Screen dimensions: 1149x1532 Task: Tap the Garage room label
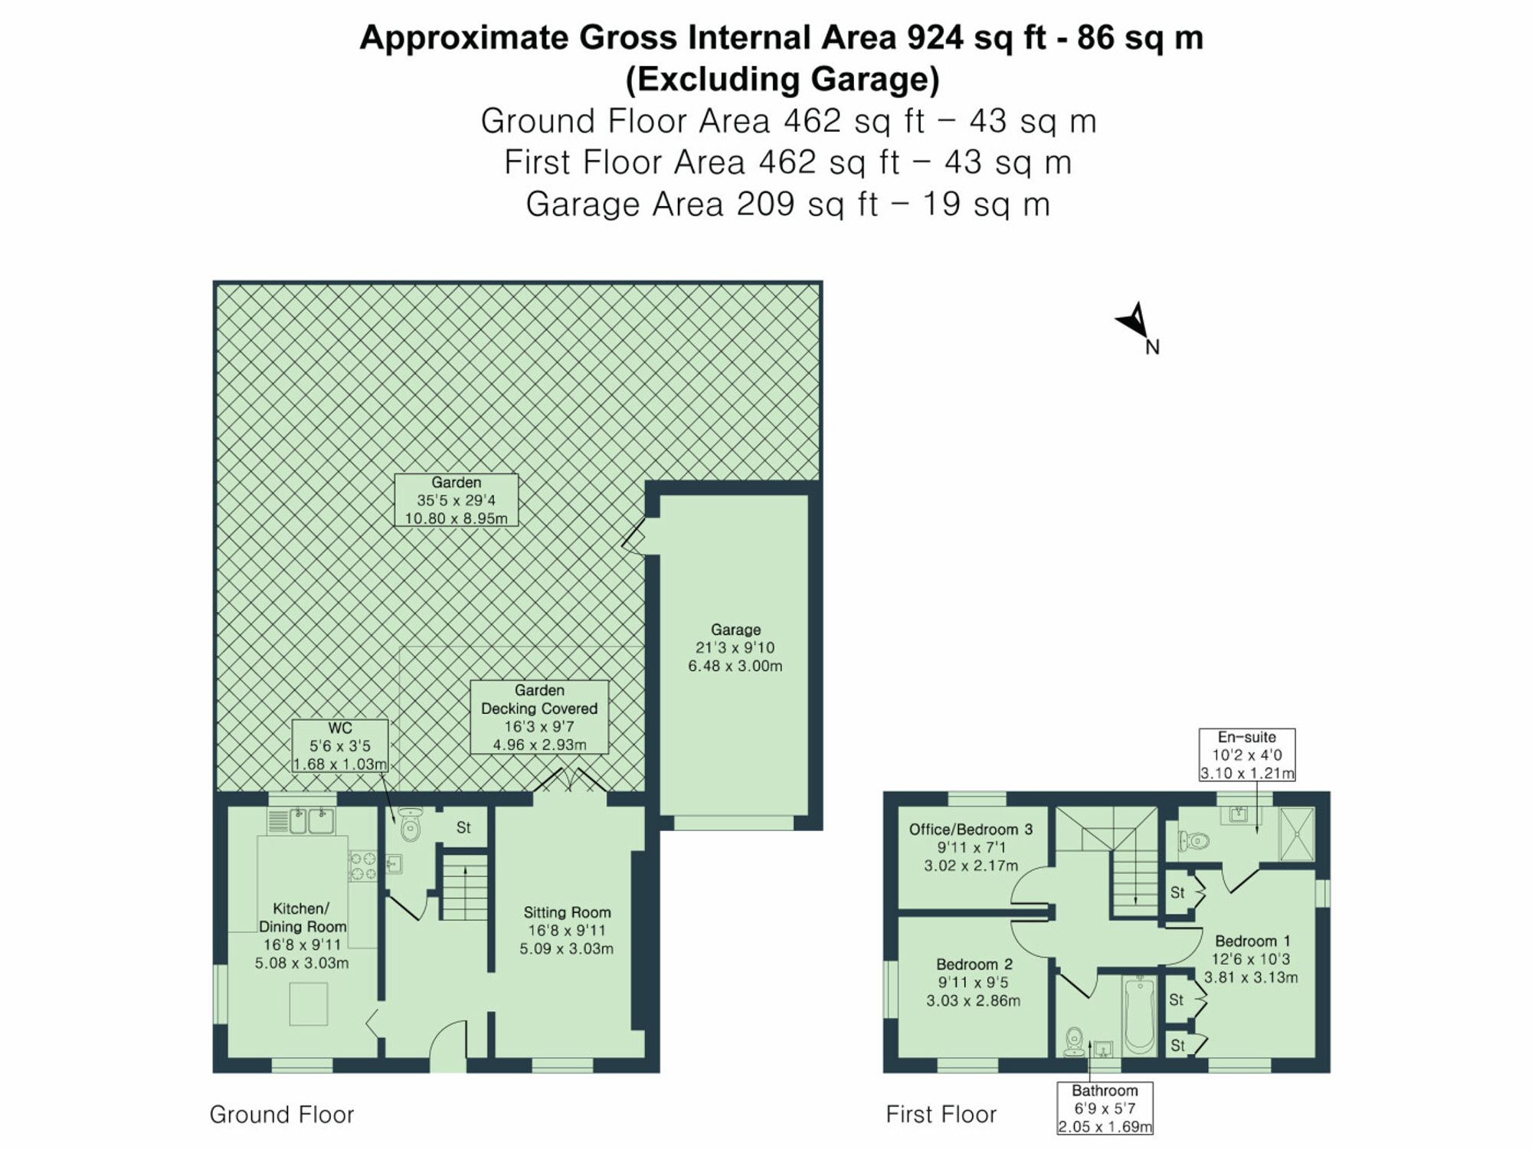(x=735, y=647)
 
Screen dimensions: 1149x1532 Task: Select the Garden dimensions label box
(x=456, y=500)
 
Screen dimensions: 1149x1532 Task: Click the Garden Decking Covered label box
(x=539, y=717)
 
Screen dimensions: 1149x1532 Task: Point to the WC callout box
(x=339, y=745)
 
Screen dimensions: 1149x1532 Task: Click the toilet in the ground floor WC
(x=411, y=825)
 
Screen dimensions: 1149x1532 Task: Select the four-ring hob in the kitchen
(x=362, y=866)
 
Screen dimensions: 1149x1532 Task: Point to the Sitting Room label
(x=567, y=930)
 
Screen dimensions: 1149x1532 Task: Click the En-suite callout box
(x=1247, y=755)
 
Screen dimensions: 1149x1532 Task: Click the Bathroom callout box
(x=1105, y=1108)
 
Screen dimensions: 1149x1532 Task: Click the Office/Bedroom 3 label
(x=971, y=847)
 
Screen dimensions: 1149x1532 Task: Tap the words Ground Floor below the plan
(x=282, y=1115)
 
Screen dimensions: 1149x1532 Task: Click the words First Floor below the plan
(x=941, y=1115)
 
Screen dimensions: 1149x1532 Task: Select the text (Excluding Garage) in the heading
(x=782, y=79)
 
